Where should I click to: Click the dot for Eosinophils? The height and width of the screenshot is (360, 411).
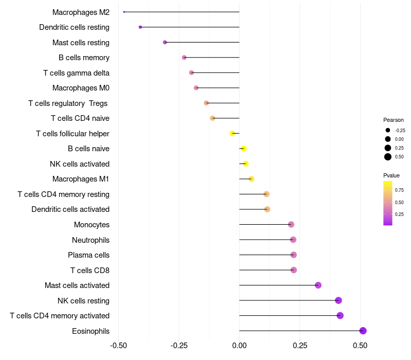click(363, 331)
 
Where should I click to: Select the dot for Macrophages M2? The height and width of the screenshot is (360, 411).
click(124, 12)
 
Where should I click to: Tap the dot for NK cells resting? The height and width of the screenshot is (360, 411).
click(338, 300)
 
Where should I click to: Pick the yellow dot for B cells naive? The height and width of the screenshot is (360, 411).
click(244, 149)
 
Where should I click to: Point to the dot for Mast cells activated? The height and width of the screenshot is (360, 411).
click(318, 285)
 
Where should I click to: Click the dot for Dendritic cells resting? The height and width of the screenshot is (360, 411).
click(140, 27)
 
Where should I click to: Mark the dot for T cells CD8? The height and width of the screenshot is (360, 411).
click(293, 270)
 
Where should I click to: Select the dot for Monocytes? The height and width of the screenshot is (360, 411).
click(291, 224)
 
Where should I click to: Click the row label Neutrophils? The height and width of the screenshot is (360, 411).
click(90, 240)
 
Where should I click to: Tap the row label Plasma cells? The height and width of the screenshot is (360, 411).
click(88, 255)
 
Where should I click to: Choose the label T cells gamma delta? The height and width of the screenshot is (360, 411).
click(76, 73)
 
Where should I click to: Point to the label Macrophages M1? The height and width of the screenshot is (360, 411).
click(81, 179)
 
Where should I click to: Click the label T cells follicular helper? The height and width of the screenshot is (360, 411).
click(72, 134)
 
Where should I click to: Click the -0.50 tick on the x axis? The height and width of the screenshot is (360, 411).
click(119, 345)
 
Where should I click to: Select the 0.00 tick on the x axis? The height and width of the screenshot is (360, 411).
click(239, 345)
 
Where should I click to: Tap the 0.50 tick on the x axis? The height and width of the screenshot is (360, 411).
click(360, 345)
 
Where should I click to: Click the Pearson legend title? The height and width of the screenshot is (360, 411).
click(394, 120)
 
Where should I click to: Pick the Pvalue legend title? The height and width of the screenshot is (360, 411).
click(391, 175)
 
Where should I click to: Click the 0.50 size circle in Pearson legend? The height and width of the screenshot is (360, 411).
click(388, 157)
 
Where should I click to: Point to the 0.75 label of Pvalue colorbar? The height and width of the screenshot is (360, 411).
click(399, 190)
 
